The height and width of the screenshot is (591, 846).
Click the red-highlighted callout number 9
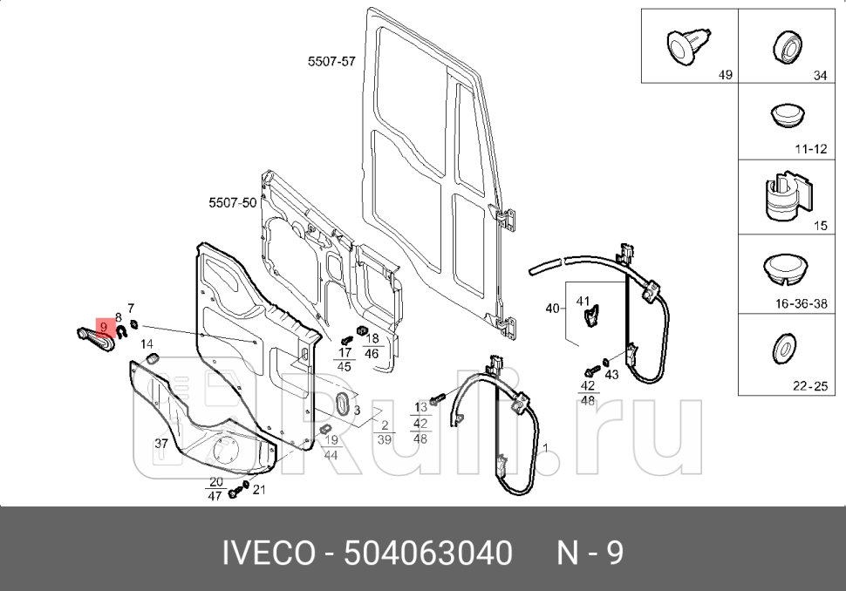coord(105,327)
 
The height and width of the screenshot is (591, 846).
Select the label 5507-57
coord(331,62)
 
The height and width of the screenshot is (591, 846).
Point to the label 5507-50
coord(232,202)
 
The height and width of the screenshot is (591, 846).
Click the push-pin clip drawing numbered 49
coord(684,44)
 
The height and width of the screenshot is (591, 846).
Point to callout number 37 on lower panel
coord(161,444)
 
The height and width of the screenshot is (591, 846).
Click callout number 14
coord(147,344)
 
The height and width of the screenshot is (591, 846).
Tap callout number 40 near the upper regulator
coord(552,308)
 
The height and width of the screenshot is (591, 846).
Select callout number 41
coord(583,302)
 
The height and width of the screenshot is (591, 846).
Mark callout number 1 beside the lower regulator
coord(546,448)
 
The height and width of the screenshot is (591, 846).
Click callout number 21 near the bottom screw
coord(258,489)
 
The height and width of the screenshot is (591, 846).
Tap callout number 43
coord(611,374)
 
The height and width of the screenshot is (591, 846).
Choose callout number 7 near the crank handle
coord(131,309)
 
